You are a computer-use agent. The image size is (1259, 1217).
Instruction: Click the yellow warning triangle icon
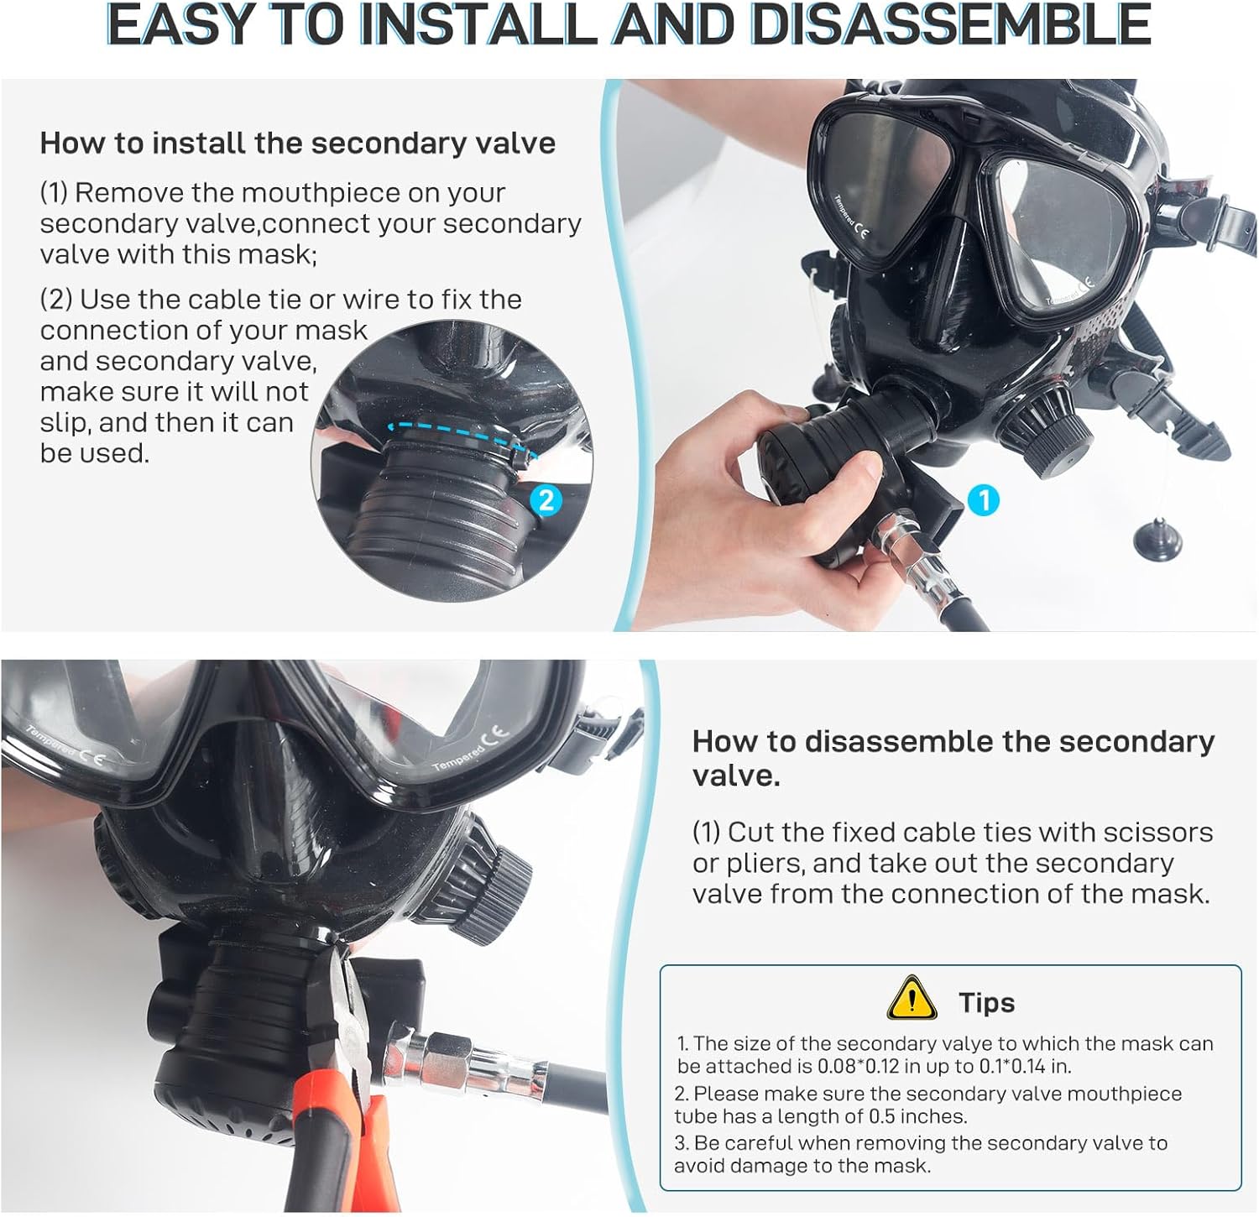tap(912, 998)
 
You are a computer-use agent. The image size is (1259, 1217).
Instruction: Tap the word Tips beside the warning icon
tap(986, 1002)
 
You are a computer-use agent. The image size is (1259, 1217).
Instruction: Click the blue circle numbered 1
tap(984, 501)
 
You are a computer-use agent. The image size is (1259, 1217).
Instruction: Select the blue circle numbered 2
tap(546, 501)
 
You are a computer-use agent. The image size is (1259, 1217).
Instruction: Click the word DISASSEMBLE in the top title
tap(949, 25)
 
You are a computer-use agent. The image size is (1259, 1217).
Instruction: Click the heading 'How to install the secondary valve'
tap(297, 143)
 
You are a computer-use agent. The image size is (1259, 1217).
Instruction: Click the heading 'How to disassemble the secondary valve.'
tap(953, 757)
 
